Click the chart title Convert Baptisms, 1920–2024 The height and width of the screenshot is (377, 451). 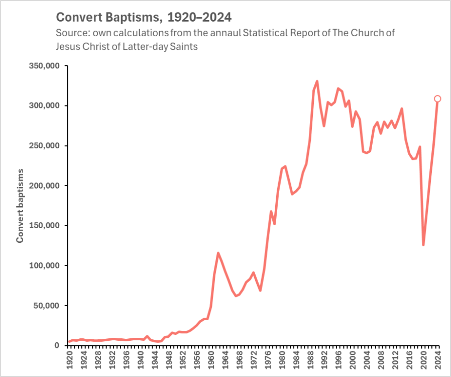tap(144, 18)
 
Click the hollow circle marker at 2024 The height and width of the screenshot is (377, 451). tap(437, 99)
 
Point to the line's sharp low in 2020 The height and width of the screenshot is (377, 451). tap(423, 245)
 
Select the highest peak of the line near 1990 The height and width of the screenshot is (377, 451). tap(317, 81)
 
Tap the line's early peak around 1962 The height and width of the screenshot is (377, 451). tap(218, 253)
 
